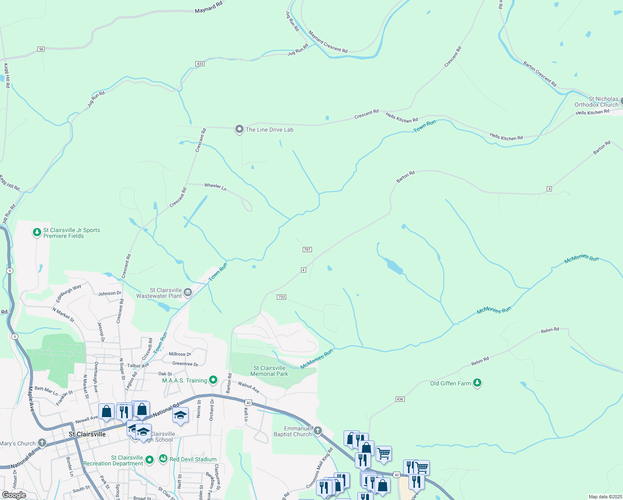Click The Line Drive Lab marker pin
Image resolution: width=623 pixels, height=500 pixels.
(239, 129)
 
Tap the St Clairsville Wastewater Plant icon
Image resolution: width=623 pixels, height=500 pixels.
(188, 292)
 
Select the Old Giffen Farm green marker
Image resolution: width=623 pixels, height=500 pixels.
(477, 383)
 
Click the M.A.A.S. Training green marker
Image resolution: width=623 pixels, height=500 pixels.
(213, 380)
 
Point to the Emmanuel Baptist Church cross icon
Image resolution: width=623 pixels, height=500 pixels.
(317, 430)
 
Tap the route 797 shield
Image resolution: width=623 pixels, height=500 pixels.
(307, 250)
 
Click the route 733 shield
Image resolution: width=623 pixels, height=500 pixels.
(282, 297)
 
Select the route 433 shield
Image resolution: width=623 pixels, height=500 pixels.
(200, 64)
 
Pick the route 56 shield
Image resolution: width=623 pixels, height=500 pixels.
(41, 49)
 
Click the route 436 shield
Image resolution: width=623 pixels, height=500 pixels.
(400, 399)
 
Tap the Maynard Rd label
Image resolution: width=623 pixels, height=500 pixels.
(209, 7)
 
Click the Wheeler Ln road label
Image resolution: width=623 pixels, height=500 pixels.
(215, 187)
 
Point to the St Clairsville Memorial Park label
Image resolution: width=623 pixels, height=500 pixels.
(269, 371)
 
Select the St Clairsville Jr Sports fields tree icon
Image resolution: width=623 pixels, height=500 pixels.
(37, 232)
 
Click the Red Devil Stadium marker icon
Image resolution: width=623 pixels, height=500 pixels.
(163, 459)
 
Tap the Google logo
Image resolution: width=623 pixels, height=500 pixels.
(14, 495)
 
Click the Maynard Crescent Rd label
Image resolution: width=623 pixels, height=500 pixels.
(328, 42)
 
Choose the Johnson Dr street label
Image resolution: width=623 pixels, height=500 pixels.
(110, 293)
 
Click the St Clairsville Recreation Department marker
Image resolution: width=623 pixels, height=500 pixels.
(150, 460)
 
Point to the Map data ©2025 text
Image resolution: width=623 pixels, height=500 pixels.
(605, 497)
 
